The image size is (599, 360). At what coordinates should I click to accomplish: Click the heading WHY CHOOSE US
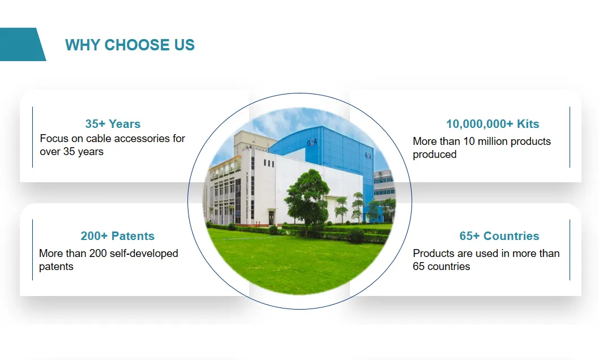(130, 45)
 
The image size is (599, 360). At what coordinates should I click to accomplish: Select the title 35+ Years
(113, 124)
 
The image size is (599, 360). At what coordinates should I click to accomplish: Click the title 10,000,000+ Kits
(493, 124)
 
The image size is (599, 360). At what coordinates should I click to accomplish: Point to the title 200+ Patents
(118, 236)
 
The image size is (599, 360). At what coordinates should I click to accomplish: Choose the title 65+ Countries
(499, 236)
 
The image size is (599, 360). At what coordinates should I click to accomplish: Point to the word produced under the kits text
(435, 155)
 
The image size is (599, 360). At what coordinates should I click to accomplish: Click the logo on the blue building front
(312, 142)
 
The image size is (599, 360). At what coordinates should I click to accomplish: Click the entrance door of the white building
(271, 217)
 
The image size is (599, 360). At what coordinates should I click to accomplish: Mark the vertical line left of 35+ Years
(32, 137)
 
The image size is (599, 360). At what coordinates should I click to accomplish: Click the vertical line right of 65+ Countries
(570, 250)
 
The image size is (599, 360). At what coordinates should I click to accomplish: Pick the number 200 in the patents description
(98, 254)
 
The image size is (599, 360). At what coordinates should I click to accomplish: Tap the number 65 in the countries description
(419, 267)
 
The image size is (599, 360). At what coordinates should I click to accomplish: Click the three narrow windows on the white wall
(269, 164)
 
